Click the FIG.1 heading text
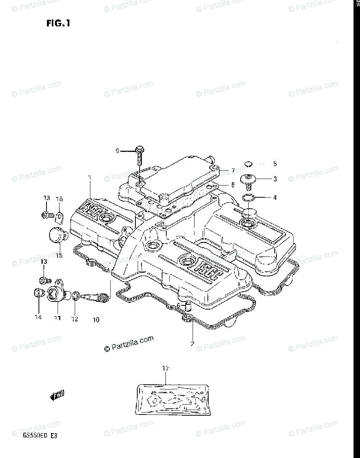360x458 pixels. [58, 24]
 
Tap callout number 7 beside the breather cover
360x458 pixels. [233, 170]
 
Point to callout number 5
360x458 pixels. [275, 164]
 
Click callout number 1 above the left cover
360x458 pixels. [90, 177]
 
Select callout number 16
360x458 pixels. [59, 199]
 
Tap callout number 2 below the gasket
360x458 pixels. [193, 343]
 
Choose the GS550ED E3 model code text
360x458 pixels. [37, 435]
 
